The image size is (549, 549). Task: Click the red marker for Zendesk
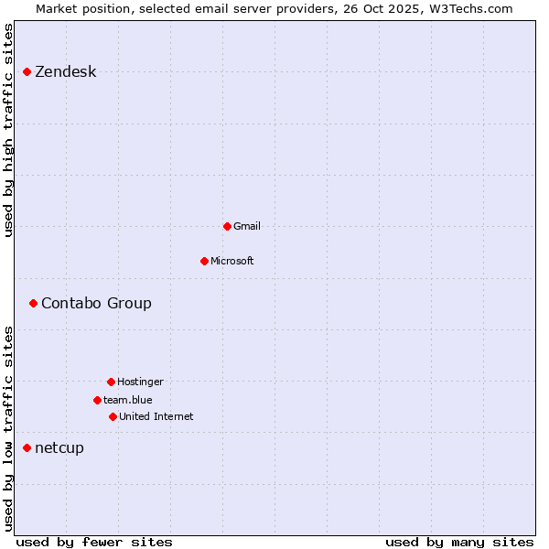coord(27,71)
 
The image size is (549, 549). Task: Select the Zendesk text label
coord(65,72)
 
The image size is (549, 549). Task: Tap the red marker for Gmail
coord(227,226)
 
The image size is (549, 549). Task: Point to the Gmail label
coord(247,226)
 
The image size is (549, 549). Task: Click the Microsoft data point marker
coord(204,261)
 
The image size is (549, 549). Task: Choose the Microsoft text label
coord(231,261)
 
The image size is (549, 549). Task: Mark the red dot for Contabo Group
coord(33,303)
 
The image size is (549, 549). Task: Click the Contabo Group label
coord(96,304)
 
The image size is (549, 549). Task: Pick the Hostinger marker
coord(111,382)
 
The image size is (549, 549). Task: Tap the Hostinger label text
coord(140,382)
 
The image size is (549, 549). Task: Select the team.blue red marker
coord(97,400)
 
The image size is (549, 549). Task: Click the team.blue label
coord(127,400)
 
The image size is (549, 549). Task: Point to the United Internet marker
coord(113,416)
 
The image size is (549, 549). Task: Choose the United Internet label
coord(156,416)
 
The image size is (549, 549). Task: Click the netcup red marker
coord(27,447)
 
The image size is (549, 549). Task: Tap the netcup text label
coord(59,447)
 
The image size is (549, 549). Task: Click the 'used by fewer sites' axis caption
coord(94,542)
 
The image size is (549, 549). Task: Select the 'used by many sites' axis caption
coord(459,542)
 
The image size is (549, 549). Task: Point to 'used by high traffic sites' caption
coord(9,130)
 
